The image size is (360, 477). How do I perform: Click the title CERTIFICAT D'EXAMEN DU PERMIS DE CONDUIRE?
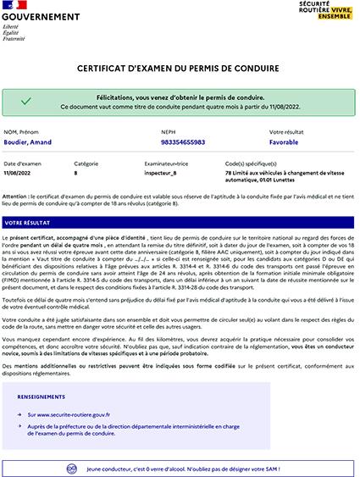click(180, 67)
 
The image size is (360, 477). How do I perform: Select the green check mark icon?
click(26, 102)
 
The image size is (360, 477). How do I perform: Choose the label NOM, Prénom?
click(22, 132)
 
